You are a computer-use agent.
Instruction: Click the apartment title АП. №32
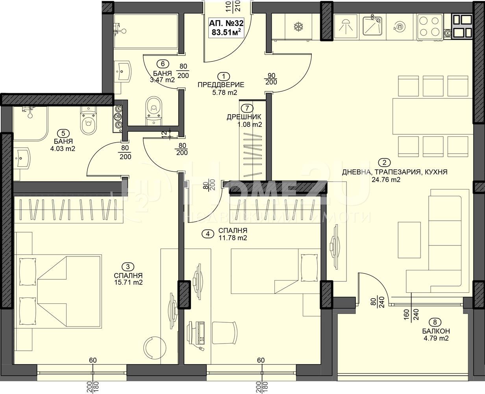[226, 23]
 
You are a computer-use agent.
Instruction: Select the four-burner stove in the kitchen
[429, 27]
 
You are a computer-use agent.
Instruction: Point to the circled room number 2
[385, 162]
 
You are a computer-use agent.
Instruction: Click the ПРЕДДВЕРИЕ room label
[221, 85]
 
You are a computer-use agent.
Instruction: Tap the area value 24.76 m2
[386, 180]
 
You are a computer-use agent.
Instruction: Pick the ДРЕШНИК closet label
[244, 117]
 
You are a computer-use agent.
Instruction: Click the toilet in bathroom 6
[154, 111]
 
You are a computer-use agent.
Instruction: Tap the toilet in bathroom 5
[89, 120]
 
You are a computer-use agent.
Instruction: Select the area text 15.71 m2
[129, 282]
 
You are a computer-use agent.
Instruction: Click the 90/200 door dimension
[271, 79]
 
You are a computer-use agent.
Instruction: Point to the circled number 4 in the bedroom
[208, 234]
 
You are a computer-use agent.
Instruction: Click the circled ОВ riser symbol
[118, 117]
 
